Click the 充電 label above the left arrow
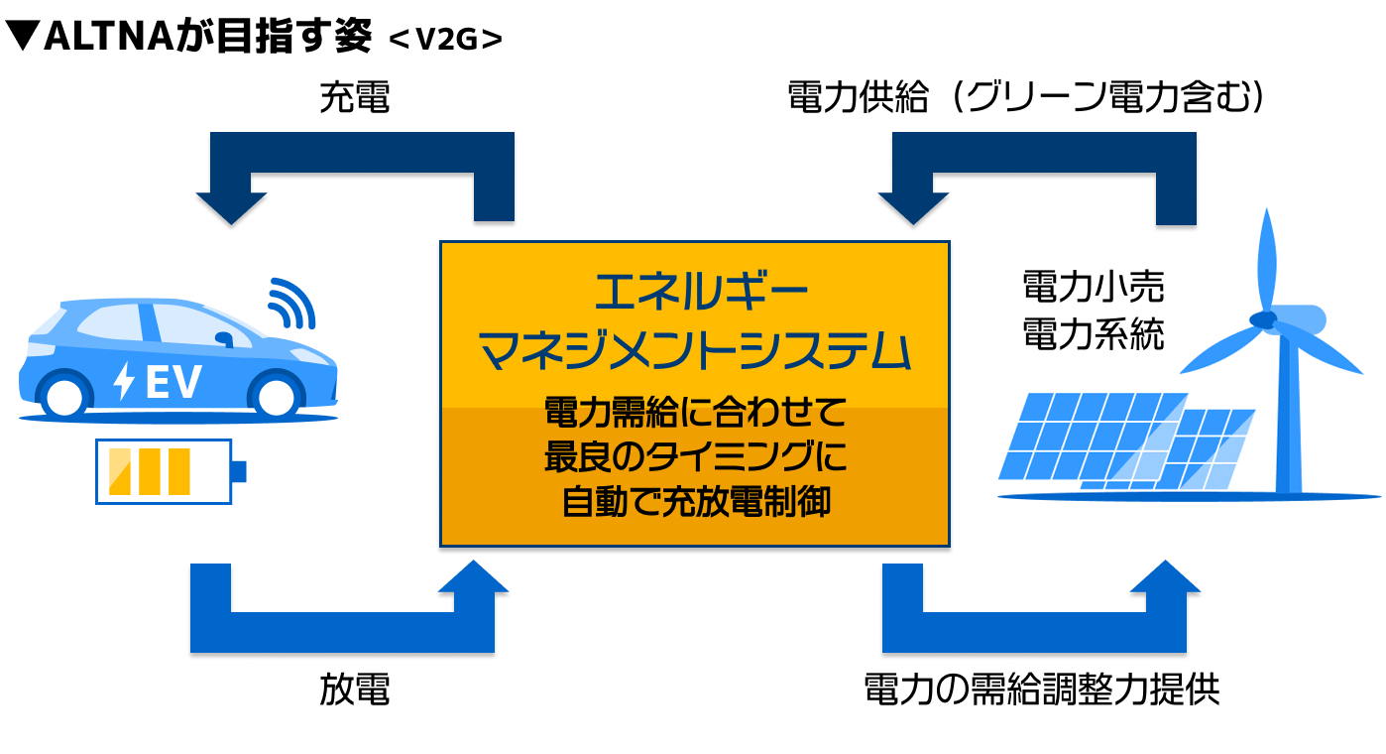[x=355, y=97]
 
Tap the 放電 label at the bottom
[x=355, y=689]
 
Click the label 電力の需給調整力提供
[x=1041, y=689]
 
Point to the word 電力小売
[x=1094, y=287]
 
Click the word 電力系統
[x=1094, y=333]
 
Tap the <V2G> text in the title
[x=445, y=39]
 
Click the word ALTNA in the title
[x=109, y=37]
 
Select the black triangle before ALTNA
[x=22, y=36]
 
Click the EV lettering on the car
[x=173, y=381]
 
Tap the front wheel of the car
[x=276, y=396]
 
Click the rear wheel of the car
[x=65, y=396]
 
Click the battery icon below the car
[x=171, y=471]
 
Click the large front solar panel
[x=1093, y=436]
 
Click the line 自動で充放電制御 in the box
[x=695, y=502]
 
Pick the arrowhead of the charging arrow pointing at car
[x=231, y=208]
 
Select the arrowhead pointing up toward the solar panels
[x=1166, y=577]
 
